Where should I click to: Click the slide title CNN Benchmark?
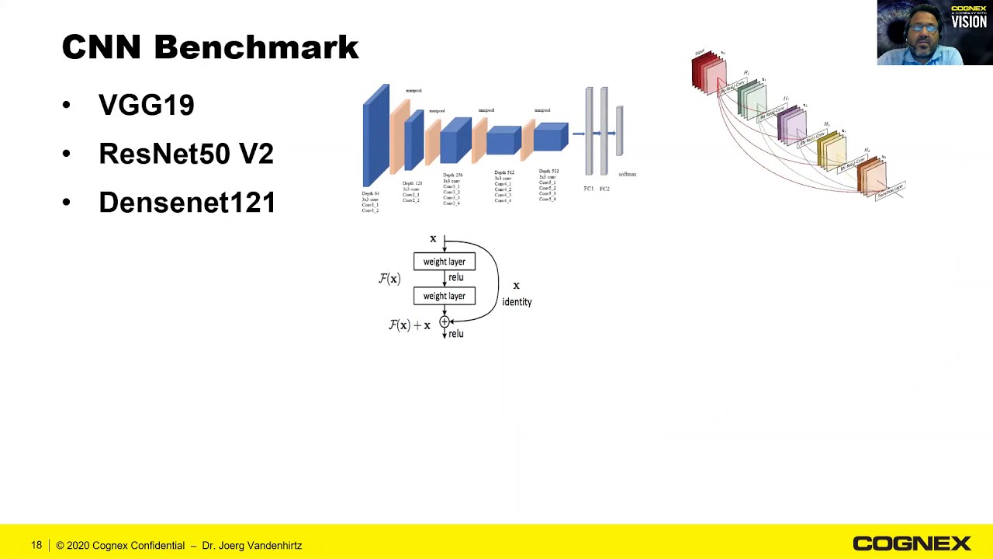click(x=209, y=47)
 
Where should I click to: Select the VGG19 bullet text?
click(x=146, y=105)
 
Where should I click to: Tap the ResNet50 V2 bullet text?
click(x=185, y=154)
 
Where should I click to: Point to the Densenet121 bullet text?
click(x=187, y=203)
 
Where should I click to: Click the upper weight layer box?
click(x=445, y=262)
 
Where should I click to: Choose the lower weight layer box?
click(x=445, y=296)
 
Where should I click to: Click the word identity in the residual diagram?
click(x=517, y=302)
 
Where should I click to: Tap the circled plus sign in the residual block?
click(x=445, y=321)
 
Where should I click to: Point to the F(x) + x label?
click(x=409, y=325)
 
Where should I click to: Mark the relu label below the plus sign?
click(x=456, y=334)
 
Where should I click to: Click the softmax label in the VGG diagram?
click(x=627, y=175)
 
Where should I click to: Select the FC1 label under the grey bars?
click(x=589, y=189)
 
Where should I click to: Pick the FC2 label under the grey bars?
click(x=604, y=189)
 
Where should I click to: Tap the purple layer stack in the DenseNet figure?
click(x=791, y=124)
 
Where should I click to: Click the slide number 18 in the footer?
click(x=36, y=545)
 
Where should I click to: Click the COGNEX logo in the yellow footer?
click(x=912, y=543)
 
